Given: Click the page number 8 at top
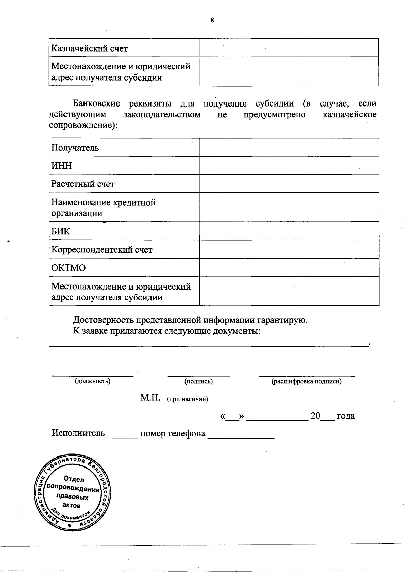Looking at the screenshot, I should point(212,20).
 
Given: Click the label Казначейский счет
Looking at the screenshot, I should point(89,49).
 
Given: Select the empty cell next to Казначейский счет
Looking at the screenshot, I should point(289,48).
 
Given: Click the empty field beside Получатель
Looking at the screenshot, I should point(289,147).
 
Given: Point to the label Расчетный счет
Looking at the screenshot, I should point(83,184).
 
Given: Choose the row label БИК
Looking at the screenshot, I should point(61,231).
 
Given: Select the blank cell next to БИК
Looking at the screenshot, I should point(289,231).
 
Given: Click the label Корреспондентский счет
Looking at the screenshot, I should point(102,250).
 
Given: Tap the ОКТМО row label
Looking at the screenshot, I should point(68,268).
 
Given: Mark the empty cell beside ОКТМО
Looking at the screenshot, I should point(289,268).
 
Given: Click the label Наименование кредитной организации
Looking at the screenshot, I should point(103,208).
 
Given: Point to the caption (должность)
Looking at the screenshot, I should point(93,381).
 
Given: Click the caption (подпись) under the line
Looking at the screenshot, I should point(198,381).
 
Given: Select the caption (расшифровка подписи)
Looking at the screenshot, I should point(306,381).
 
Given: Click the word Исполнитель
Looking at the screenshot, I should point(78,433).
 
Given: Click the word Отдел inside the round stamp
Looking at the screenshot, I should point(74,479).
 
